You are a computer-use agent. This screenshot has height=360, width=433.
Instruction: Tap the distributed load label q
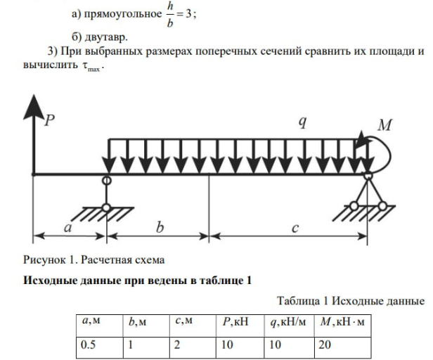point(302,122)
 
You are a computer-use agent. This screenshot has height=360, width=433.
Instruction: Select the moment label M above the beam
point(384,125)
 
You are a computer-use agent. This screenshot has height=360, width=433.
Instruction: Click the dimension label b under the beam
point(160,228)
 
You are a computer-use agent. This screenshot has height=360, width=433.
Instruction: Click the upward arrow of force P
point(32,141)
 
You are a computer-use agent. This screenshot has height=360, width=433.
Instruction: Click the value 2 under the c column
point(177,346)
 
